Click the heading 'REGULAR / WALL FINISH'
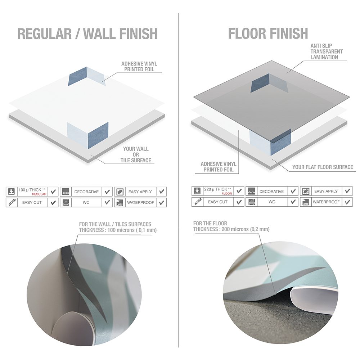coord(87,34)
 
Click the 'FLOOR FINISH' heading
coord(268,33)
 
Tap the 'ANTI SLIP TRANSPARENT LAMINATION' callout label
coord(327,51)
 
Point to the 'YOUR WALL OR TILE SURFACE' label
coord(136,154)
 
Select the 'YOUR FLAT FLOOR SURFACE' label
coord(323,167)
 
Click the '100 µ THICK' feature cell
coord(32,192)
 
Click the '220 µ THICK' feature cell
coord(218,191)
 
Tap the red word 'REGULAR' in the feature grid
coord(39,194)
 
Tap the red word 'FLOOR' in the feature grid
coord(227,194)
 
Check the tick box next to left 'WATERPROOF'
coord(162,203)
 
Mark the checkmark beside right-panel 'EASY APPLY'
coord(347,191)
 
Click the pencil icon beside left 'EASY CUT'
coord(12,202)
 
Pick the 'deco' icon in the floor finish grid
coord(251,191)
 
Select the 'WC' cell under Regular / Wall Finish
coord(86,202)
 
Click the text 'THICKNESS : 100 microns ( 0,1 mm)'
coord(118,230)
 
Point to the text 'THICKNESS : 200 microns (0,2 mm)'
coord(231,229)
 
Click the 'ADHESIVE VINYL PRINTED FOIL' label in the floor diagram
coord(219,167)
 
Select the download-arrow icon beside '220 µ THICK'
coord(197,191)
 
